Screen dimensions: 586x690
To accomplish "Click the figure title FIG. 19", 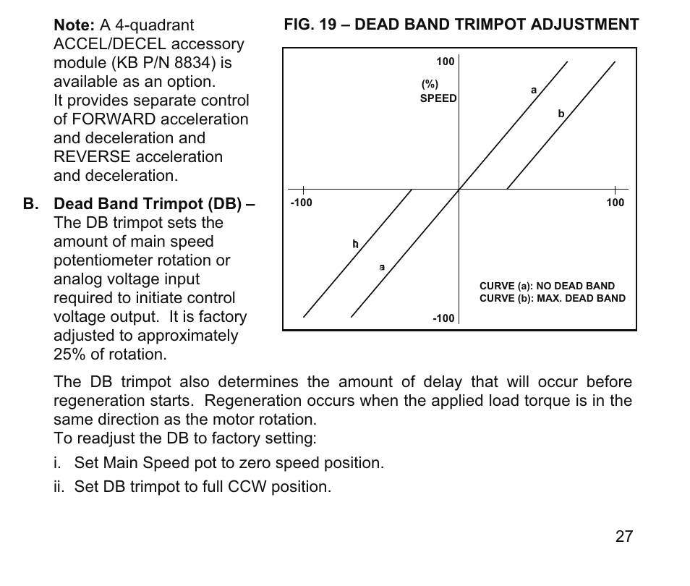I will coord(461,25).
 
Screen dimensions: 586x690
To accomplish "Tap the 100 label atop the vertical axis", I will coord(446,62).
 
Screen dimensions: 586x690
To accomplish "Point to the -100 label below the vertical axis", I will coord(443,318).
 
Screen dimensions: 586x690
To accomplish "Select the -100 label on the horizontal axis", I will coord(301,203).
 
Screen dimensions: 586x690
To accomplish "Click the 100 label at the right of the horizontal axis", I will coord(615,203).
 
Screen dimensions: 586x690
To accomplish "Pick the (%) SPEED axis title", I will coord(438,92).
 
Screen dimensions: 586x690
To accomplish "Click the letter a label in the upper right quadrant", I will coord(534,90).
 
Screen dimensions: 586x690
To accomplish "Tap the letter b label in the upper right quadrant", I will coord(561,114).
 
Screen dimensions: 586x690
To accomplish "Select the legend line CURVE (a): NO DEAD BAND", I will coord(547,286).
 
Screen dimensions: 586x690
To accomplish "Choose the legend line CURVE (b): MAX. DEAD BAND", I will coord(553,298).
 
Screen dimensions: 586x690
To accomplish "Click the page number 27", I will coord(624,536).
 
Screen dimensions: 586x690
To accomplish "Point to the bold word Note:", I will coord(74,26).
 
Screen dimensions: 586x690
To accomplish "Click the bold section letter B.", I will coord(30,204).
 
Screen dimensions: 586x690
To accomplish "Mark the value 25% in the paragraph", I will coord(69,354).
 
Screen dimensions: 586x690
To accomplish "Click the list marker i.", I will coord(57,463).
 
